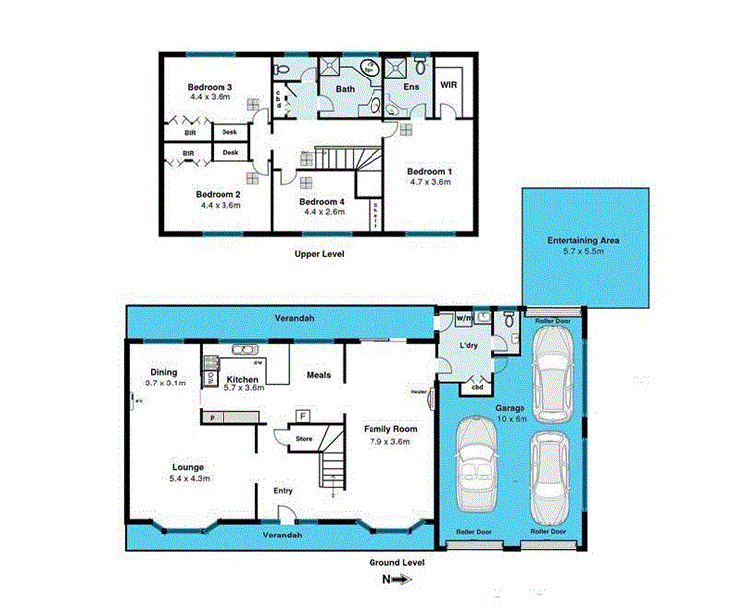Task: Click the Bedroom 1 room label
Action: click(x=429, y=172)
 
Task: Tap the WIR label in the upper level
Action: click(x=449, y=85)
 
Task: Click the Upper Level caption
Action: click(x=319, y=255)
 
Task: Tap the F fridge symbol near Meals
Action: click(x=303, y=416)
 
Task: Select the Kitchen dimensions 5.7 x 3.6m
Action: click(x=242, y=390)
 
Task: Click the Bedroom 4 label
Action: click(x=323, y=201)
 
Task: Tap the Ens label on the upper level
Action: click(x=410, y=88)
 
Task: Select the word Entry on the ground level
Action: click(x=283, y=490)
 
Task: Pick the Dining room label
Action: click(x=163, y=372)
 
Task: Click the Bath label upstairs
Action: click(x=345, y=89)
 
